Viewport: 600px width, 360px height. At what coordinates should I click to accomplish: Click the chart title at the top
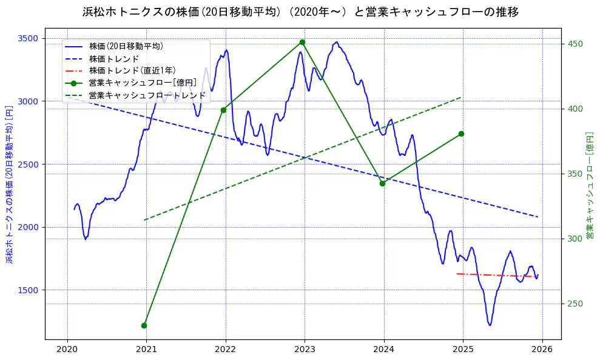300,12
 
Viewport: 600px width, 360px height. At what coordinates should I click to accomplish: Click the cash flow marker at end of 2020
144,325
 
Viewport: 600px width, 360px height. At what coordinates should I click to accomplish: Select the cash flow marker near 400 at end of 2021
223,110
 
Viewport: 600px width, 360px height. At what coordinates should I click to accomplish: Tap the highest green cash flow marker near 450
302,42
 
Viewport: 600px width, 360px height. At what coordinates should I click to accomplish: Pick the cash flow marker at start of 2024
382,183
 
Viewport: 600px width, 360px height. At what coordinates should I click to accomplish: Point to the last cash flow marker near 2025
461,134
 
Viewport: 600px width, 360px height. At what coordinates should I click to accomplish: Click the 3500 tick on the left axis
29,38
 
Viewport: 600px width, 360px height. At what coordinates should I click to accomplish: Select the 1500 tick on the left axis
29,290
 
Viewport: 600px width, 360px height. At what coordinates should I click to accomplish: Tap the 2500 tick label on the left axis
29,165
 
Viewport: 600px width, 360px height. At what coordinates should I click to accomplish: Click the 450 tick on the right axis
574,44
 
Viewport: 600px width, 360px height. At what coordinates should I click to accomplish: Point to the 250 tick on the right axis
574,304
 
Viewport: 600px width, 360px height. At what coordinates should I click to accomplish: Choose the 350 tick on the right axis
574,174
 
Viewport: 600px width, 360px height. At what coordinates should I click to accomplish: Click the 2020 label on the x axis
67,349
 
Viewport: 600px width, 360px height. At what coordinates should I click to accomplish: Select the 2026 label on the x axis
542,349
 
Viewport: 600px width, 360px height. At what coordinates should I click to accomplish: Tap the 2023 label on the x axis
305,349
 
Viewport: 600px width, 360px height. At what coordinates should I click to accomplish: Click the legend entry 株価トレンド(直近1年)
132,70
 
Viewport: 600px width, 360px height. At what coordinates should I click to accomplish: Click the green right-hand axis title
589,182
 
